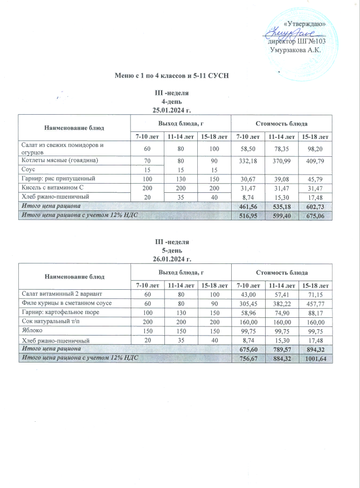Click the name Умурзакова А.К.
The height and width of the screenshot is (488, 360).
click(295, 50)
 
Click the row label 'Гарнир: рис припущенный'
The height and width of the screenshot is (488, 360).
click(58, 178)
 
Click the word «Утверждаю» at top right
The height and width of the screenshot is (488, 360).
click(304, 24)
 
